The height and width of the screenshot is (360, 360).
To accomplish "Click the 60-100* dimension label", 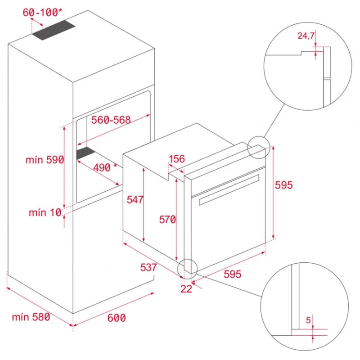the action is tap(42, 13).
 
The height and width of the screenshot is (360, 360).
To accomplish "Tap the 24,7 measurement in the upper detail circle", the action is tap(306, 36).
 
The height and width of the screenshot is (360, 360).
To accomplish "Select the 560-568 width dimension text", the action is tap(111, 120).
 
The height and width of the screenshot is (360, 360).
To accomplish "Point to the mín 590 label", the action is tap(45, 160).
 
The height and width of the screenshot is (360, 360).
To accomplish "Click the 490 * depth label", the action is tap(105, 167).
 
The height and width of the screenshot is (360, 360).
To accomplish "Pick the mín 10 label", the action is tap(45, 212).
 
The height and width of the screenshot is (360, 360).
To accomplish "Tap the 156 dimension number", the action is tap(177, 159).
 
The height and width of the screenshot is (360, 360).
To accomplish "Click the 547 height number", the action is tap(135, 200).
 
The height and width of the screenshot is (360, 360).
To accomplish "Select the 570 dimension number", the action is tap(167, 220).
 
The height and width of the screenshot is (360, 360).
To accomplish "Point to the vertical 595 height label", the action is tap(284, 185).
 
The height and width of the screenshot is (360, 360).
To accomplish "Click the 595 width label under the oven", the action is tap(232, 274).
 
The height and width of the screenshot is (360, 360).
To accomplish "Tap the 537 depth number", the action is tap(148, 267).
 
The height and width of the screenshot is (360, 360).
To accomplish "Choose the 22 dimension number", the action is tap(186, 289).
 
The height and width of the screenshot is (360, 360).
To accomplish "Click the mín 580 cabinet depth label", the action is tap(31, 317).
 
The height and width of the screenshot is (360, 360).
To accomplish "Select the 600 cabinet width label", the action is tap(117, 318).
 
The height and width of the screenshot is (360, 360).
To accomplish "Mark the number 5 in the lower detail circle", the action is tap(308, 320).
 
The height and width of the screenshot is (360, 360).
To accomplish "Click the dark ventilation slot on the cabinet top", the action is tap(54, 30).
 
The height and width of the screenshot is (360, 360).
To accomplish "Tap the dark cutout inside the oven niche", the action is tap(85, 153).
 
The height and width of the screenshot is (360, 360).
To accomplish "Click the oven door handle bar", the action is tap(229, 190).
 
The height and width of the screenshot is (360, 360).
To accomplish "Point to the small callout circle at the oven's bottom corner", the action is tap(188, 269).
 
